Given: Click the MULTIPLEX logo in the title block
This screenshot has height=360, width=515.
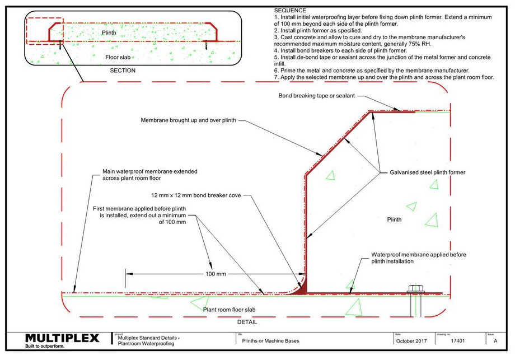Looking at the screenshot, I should [x=62, y=338].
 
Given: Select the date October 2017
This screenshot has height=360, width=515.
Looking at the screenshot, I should [x=411, y=341].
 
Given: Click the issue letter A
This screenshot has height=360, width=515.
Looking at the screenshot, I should [x=495, y=341].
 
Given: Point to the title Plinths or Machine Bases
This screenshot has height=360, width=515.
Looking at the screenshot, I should [x=270, y=341].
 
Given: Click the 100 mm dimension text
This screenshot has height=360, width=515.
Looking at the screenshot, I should [x=215, y=274].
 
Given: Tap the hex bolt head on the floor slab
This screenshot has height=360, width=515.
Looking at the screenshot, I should [x=415, y=289].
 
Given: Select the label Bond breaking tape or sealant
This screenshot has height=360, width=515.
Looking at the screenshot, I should [x=316, y=96].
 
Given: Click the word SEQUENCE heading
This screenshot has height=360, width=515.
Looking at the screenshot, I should [x=290, y=10].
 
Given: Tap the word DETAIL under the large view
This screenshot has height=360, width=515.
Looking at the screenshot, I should [x=247, y=322].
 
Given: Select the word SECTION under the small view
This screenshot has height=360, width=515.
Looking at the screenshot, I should [x=123, y=71].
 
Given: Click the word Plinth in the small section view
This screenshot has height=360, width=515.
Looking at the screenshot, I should [x=110, y=33].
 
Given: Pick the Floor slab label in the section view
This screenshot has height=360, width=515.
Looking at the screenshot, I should [x=119, y=57].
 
